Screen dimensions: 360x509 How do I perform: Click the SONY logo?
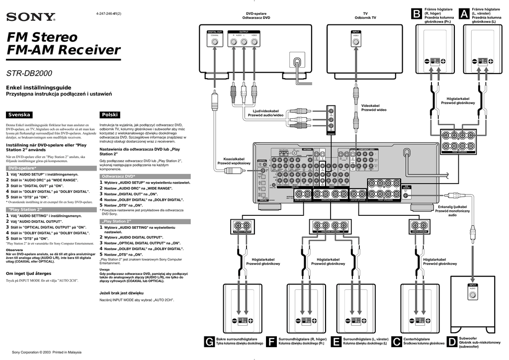coord(30,17)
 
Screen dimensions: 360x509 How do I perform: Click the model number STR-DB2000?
coord(29,74)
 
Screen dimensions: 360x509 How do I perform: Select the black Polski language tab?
coord(109,114)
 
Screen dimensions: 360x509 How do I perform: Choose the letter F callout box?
coord(271,342)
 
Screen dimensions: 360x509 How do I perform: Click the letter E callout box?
coord(337,342)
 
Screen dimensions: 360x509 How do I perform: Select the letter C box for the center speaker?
coord(397,342)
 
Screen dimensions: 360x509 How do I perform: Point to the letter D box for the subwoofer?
coord(452,342)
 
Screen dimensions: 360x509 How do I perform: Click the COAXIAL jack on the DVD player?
coord(215,42)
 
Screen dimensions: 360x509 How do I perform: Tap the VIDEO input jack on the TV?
coord(356,42)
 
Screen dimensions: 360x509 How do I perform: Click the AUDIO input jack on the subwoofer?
coord(473,295)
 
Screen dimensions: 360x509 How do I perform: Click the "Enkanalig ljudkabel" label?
coord(452,206)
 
